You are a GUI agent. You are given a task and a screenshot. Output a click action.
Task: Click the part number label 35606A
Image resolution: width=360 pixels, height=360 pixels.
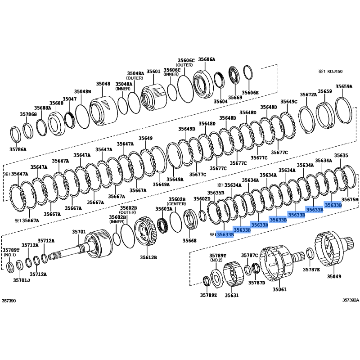[207, 59]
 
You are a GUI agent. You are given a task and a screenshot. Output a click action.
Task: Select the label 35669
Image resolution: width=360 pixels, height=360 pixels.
[235, 98]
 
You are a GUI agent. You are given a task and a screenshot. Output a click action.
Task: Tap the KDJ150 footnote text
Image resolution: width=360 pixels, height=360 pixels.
[333, 71]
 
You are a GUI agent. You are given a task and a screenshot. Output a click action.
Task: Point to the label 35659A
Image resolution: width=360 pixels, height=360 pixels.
[344, 87]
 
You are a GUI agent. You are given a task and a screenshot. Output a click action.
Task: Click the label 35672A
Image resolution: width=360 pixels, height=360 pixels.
[309, 95]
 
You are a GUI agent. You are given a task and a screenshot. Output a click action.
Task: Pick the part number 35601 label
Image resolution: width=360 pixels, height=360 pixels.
[153, 72]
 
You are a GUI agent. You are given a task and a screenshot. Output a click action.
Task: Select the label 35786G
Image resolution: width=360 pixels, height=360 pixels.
[28, 114]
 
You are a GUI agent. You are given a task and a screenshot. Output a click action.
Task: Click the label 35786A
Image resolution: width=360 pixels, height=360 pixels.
[18, 148]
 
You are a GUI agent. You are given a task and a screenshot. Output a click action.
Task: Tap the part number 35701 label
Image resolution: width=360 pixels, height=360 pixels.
[79, 232]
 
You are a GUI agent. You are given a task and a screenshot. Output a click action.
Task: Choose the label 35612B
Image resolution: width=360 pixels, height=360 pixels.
[148, 258]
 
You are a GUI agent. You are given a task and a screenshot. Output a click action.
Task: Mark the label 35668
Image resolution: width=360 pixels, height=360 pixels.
[190, 241]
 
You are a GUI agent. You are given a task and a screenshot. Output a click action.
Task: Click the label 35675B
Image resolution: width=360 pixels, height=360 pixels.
[350, 199]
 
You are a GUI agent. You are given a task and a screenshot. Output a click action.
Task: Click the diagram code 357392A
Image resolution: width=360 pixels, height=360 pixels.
[351, 299]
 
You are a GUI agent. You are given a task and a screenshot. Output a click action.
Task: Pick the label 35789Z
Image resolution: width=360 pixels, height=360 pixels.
[208, 295]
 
